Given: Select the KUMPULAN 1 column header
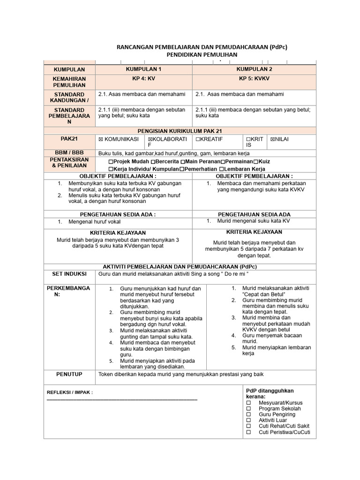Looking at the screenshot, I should [143, 69].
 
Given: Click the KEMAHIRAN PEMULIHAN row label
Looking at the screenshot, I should [69, 82].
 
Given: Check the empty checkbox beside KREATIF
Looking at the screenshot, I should [198, 140].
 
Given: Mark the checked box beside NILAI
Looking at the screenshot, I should [272, 140].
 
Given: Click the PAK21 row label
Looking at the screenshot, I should [69, 139].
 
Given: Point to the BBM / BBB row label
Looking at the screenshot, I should [69, 153].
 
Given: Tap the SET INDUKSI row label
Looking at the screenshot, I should [69, 273].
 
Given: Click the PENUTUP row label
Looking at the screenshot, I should [69, 374].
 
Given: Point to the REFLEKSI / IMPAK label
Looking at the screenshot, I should [70, 392].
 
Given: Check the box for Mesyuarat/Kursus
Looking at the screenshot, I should [249, 403].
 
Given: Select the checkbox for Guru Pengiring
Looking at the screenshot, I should [249, 414].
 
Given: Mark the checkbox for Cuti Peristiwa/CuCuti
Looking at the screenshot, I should [249, 432].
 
